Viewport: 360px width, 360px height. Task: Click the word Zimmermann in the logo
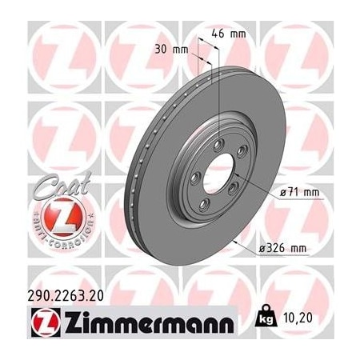(x=145, y=324)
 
